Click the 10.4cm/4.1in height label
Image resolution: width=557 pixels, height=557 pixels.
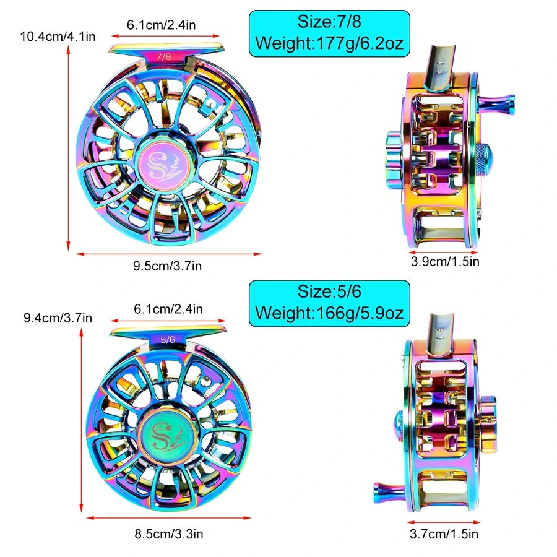pos(58,37)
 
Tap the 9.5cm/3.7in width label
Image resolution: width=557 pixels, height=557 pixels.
pos(167,266)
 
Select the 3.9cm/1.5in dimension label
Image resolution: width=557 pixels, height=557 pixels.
pos(445,261)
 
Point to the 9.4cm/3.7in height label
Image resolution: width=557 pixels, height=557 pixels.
pos(58,317)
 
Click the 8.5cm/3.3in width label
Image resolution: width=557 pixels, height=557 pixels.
pos(169,534)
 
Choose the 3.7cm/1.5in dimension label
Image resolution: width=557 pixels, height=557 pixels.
pos(444,534)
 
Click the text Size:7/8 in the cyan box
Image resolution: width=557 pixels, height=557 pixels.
pos(329,22)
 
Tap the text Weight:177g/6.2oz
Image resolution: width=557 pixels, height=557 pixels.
pos(329,43)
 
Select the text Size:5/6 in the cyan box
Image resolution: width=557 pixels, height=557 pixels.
pos(329,291)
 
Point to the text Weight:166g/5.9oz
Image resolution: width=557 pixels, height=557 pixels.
pos(329,313)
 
